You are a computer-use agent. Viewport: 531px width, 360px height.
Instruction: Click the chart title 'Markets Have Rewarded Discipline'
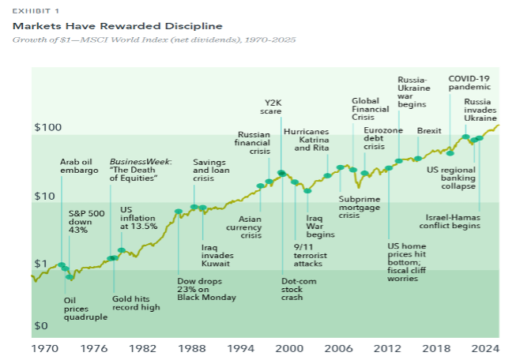[x=117, y=27]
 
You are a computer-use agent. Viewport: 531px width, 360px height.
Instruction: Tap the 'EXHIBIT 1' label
[x=36, y=11]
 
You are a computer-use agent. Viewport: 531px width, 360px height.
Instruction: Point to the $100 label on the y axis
[x=48, y=127]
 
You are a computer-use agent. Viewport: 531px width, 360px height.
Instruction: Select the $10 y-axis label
[x=45, y=196]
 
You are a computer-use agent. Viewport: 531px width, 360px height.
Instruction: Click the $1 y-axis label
[x=42, y=264]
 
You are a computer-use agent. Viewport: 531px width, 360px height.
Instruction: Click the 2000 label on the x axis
[x=289, y=347]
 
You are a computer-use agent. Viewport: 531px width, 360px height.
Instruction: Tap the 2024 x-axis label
[x=486, y=347]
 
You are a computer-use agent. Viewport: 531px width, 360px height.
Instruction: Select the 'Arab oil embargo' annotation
[x=79, y=166]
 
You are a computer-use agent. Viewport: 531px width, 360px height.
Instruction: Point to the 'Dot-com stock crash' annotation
[x=298, y=289]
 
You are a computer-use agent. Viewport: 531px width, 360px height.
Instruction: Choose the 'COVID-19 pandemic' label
[x=469, y=84]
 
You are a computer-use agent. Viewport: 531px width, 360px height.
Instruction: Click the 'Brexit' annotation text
[x=429, y=130]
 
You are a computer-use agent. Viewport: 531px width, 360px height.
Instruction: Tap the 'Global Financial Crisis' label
[x=366, y=109]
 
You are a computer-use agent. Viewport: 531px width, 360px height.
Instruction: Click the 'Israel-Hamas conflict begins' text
[x=453, y=221]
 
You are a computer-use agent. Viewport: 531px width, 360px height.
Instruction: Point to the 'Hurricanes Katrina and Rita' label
[x=306, y=139]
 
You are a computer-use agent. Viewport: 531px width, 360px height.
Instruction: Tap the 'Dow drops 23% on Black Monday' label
[x=205, y=289]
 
